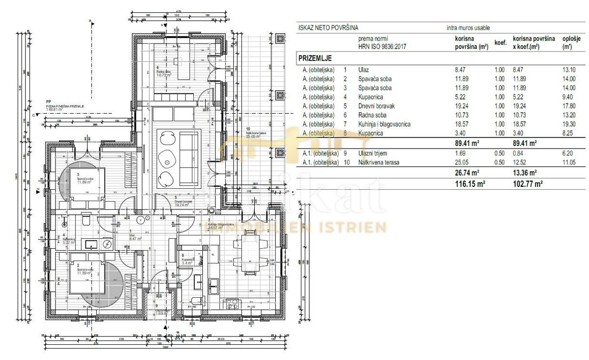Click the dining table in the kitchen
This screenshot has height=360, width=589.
tap(250, 250)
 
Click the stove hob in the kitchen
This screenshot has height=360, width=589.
tap(231, 304)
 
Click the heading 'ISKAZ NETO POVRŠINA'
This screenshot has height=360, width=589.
tap(328, 28)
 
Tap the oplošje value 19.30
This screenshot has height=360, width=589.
tap(569, 125)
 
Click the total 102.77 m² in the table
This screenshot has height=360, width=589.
tap(528, 183)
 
